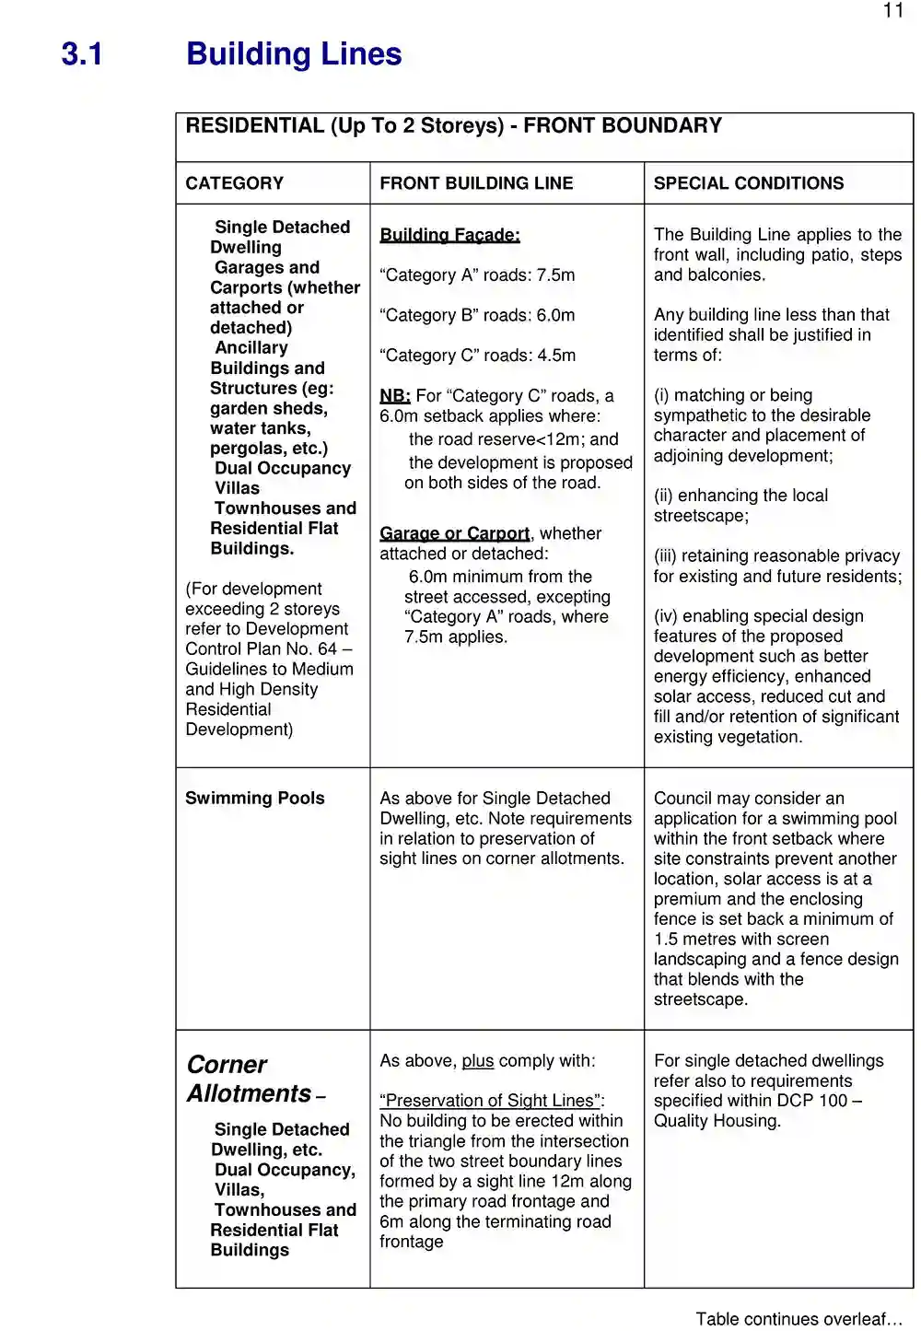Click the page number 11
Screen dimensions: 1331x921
pyautogui.click(x=893, y=11)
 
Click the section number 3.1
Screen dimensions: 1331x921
pyautogui.click(x=82, y=54)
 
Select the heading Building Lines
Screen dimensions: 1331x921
pyautogui.click(x=294, y=54)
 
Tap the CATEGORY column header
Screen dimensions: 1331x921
pyautogui.click(x=235, y=183)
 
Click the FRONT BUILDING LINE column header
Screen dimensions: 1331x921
pyautogui.click(x=476, y=183)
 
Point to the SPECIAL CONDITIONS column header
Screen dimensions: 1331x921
pyautogui.click(x=749, y=183)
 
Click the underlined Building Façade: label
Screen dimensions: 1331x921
pyautogui.click(x=449, y=235)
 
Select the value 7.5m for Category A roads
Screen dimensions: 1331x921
pyautogui.click(x=556, y=275)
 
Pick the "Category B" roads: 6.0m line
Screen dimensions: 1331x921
pyautogui.click(x=477, y=315)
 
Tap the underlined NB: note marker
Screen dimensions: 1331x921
pyautogui.click(x=394, y=396)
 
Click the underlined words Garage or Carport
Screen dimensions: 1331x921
pyautogui.click(x=455, y=533)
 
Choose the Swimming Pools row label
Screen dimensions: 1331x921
pyautogui.click(x=255, y=799)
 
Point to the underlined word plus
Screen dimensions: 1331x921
pyautogui.click(x=478, y=1061)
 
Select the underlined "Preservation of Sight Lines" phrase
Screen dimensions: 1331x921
pyautogui.click(x=490, y=1101)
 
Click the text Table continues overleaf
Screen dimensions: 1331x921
pyautogui.click(x=799, y=1319)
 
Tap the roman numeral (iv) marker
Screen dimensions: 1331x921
pyautogui.click(x=666, y=616)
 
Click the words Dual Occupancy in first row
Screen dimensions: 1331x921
pyautogui.click(x=283, y=468)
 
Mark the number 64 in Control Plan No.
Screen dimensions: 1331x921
pyautogui.click(x=327, y=649)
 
